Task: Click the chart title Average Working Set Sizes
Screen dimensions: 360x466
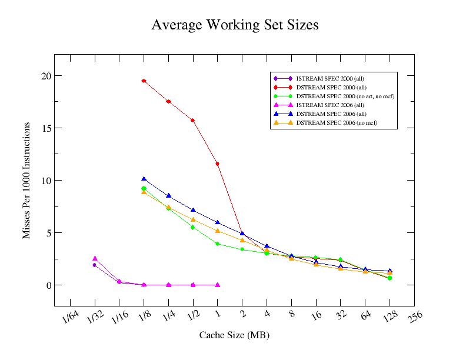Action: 235,25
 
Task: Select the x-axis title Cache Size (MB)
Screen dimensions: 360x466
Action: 234,335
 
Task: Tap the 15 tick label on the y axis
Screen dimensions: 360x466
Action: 46,128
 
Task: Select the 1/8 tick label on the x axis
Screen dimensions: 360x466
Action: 144,317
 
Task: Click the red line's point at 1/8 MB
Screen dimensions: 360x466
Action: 144,81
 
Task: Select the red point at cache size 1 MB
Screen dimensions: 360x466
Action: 218,164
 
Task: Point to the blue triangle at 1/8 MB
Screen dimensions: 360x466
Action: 144,179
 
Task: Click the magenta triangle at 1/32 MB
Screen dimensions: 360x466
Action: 94,258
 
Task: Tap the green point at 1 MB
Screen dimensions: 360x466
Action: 218,244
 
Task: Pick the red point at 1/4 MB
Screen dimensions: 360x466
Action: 168,102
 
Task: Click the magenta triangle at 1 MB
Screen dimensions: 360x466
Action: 218,285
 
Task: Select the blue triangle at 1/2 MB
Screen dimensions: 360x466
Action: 193,210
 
